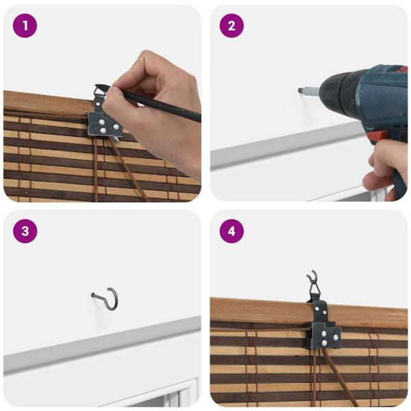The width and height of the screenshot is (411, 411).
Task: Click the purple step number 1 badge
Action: coord(25,26)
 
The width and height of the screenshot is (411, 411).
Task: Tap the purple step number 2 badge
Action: coord(232,26)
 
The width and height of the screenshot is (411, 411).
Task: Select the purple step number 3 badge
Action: coord(25,231)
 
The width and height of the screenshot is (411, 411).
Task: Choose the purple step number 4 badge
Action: coord(232,231)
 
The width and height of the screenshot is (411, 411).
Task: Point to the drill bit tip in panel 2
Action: coord(299,89)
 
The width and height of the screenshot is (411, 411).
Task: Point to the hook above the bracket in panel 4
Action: coord(313,282)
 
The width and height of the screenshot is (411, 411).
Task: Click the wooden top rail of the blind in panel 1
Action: coord(41,103)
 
